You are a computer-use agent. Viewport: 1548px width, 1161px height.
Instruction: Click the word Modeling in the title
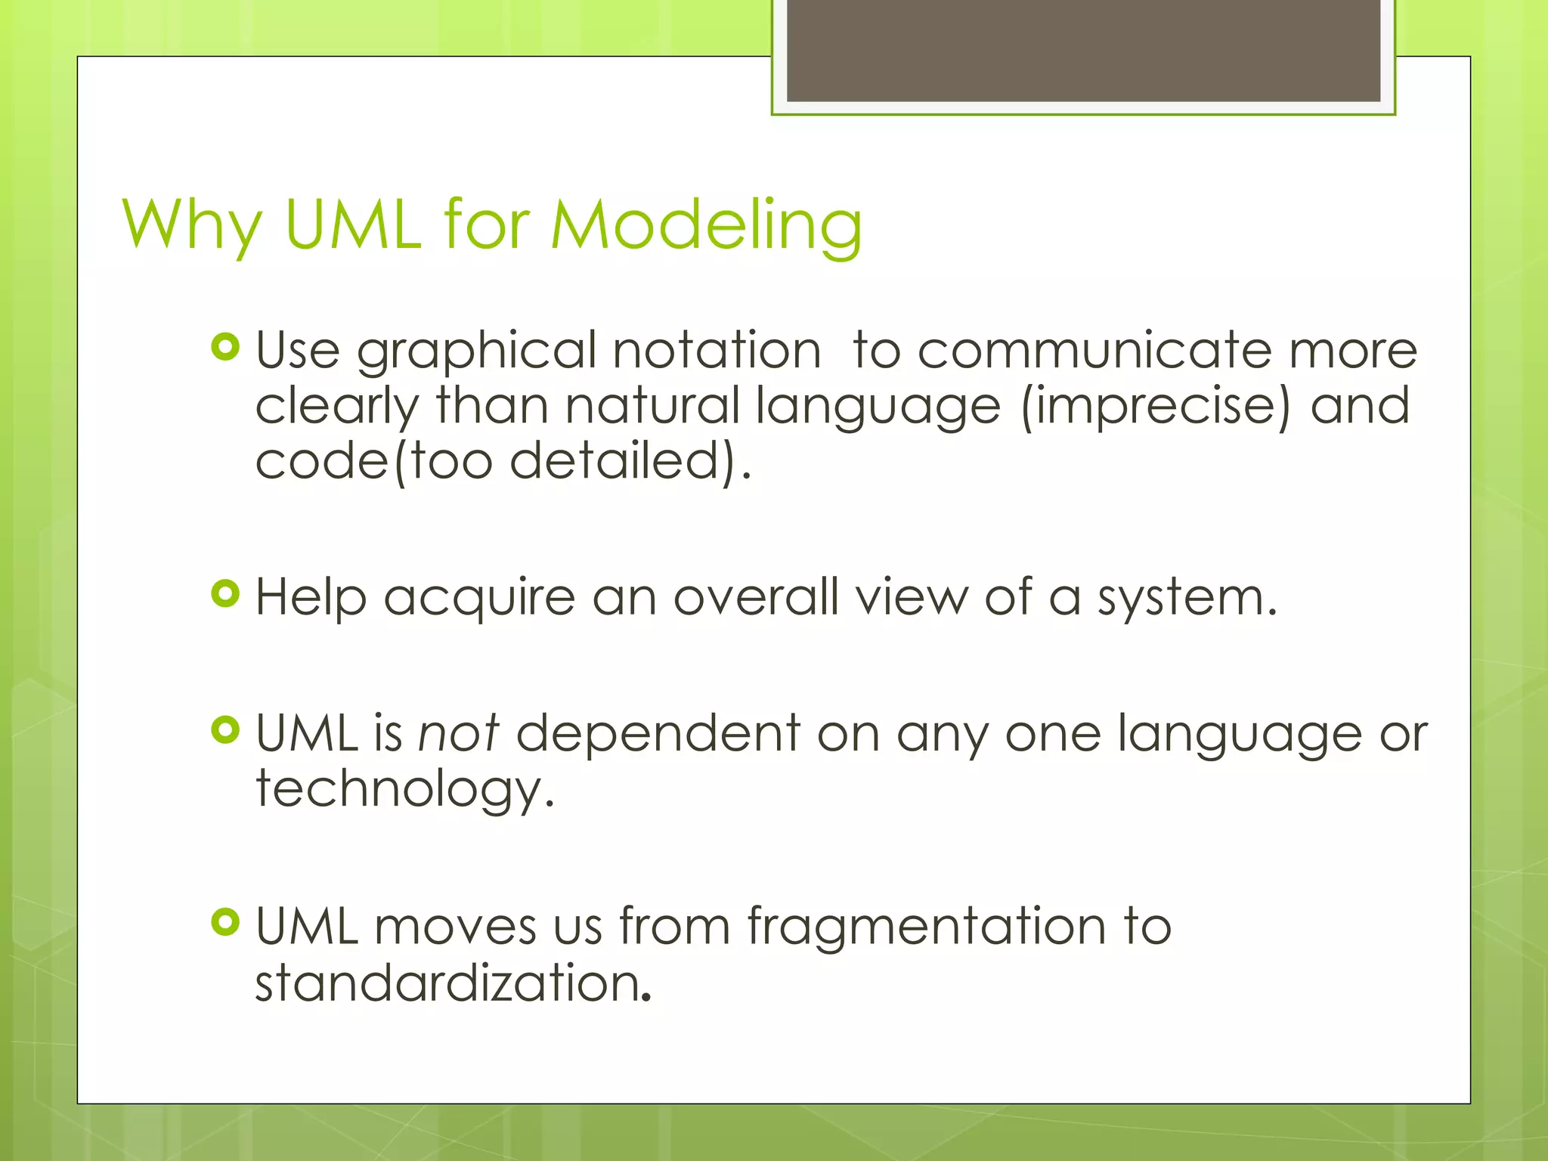[x=706, y=225]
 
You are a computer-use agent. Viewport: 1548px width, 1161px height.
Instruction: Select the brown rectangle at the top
[x=1083, y=50]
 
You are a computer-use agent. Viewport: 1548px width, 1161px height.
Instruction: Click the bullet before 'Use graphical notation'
[x=225, y=347]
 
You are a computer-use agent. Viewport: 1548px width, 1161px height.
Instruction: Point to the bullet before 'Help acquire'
[x=225, y=594]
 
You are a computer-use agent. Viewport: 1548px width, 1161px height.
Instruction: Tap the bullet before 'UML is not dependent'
[x=225, y=730]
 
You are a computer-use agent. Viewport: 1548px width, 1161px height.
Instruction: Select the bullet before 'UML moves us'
[x=225, y=922]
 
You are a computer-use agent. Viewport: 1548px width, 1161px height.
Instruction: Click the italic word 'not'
[x=458, y=733]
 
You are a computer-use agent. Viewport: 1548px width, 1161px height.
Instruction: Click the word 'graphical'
[x=476, y=352]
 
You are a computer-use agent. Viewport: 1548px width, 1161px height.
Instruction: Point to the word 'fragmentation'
[x=926, y=927]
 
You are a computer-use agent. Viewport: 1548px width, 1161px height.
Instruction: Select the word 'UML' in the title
[x=353, y=225]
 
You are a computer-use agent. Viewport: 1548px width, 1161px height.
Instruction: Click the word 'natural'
[x=652, y=406]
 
